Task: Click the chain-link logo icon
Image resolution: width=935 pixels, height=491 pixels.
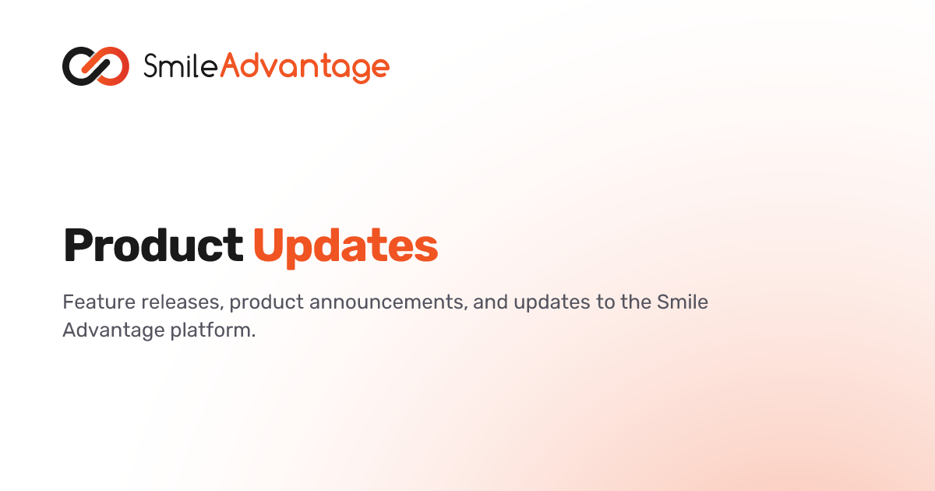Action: coord(96,66)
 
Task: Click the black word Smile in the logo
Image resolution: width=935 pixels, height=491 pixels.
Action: coord(181,66)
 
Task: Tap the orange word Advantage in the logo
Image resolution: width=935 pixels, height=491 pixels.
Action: coord(305,68)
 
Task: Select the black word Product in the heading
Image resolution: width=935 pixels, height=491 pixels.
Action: coord(153,245)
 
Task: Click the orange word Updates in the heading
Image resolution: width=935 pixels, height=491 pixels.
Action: coord(346,247)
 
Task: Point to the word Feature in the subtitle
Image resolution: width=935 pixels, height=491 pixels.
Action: coord(99,302)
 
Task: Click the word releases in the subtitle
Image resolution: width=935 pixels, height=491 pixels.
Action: coord(180,302)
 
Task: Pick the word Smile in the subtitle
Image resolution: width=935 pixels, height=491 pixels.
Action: coord(683,302)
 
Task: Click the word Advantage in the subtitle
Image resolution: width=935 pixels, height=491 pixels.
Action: coord(114,330)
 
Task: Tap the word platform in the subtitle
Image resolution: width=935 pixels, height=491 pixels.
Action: coord(213,330)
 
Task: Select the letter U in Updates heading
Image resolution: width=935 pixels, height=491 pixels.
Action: coord(270,245)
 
